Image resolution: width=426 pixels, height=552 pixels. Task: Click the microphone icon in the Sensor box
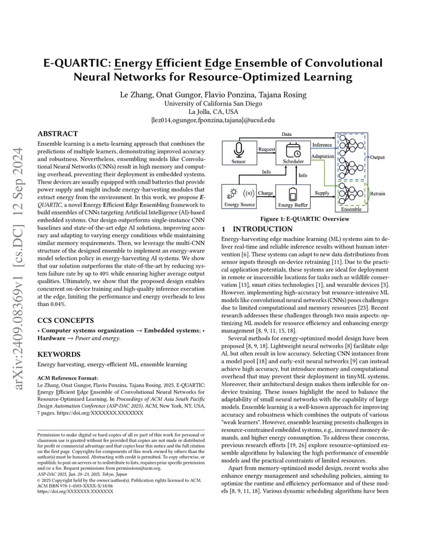point(239,150)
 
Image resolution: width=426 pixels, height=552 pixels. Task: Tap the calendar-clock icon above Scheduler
point(293,150)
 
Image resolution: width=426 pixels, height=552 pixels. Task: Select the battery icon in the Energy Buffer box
point(293,194)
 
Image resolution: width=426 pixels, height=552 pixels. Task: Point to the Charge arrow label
point(265,193)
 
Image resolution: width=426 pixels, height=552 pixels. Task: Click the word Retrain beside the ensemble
point(378,194)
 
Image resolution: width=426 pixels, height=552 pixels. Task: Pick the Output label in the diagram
point(378,158)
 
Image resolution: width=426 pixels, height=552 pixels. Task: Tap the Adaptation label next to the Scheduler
point(323,157)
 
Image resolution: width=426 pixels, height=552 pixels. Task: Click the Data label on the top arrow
point(287,134)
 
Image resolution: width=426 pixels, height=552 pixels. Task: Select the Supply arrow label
point(322,193)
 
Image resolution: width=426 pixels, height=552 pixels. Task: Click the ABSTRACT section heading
point(58,134)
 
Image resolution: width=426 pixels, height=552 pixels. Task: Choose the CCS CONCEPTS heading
point(66,320)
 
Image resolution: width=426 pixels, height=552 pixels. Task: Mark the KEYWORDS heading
point(59,354)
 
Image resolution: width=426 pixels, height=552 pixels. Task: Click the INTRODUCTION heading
point(263,229)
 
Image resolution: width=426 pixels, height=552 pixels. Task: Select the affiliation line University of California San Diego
point(213,104)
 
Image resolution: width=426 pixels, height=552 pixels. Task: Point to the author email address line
point(213,120)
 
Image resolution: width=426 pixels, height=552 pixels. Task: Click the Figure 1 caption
point(305,219)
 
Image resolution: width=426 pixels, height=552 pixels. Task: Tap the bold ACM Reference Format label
point(67,378)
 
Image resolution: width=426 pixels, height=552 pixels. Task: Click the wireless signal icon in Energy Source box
point(248,193)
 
